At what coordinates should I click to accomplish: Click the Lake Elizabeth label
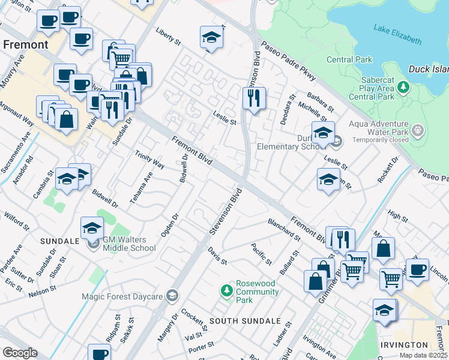(397, 33)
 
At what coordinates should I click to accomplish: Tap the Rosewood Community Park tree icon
(226, 291)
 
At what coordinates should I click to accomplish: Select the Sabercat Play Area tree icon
(405, 88)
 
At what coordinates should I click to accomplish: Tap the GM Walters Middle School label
(129, 244)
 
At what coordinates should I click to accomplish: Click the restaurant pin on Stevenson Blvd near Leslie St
(254, 98)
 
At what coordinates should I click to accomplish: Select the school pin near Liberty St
(211, 38)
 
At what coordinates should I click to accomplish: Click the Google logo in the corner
(20, 353)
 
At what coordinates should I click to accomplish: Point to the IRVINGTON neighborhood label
(404, 345)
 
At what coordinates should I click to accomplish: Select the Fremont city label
(25, 45)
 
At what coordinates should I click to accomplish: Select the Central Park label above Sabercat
(349, 59)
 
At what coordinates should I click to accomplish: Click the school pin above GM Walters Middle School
(91, 227)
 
